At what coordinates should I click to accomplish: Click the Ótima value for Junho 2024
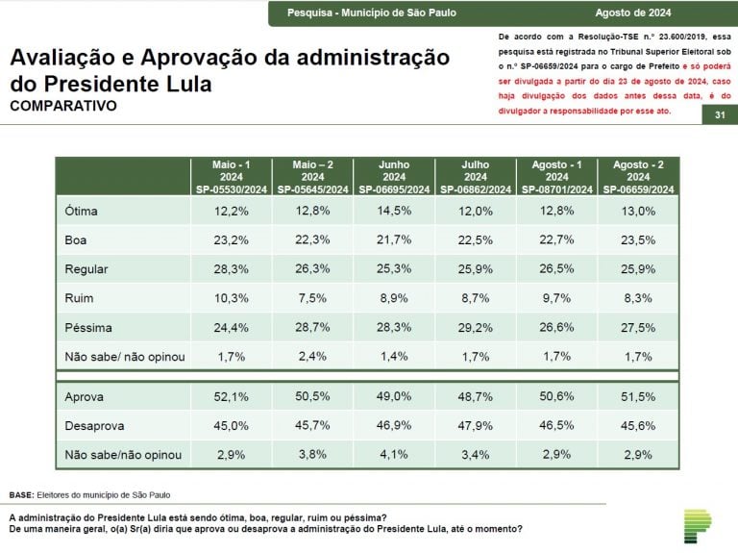click(394, 211)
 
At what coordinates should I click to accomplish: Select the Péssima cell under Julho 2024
click(476, 327)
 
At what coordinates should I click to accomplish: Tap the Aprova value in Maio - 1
click(231, 396)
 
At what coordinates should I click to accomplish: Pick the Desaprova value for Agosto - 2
click(638, 425)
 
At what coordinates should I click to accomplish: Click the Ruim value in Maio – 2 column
click(312, 298)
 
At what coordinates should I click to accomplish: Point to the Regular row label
click(86, 269)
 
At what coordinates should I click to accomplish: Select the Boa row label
click(75, 240)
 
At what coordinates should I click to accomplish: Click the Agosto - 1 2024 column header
click(556, 177)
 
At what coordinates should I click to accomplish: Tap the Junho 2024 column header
click(394, 177)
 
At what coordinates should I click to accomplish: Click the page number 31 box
click(720, 115)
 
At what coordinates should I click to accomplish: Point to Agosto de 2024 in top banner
click(633, 13)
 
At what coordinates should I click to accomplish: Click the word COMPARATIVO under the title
click(63, 106)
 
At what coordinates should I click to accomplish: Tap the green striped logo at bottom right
click(698, 526)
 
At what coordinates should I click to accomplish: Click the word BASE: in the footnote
click(22, 495)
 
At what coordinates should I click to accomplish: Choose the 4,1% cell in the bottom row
click(394, 455)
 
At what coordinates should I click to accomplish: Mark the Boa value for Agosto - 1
click(556, 239)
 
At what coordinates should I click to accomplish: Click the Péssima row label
click(88, 327)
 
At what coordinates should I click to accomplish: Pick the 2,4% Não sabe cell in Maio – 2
click(312, 356)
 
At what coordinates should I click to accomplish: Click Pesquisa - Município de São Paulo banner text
click(372, 13)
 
